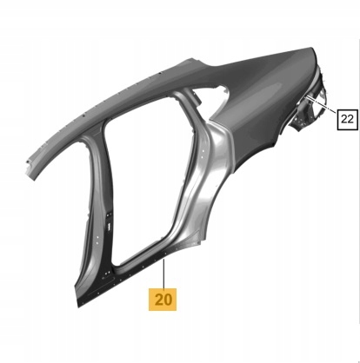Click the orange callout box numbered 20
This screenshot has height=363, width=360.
(163, 300)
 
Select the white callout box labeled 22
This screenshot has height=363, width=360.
(347, 119)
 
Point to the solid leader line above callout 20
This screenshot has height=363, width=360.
(163, 274)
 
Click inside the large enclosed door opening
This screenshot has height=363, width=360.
(145, 180)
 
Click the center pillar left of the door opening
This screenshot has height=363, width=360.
(100, 202)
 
